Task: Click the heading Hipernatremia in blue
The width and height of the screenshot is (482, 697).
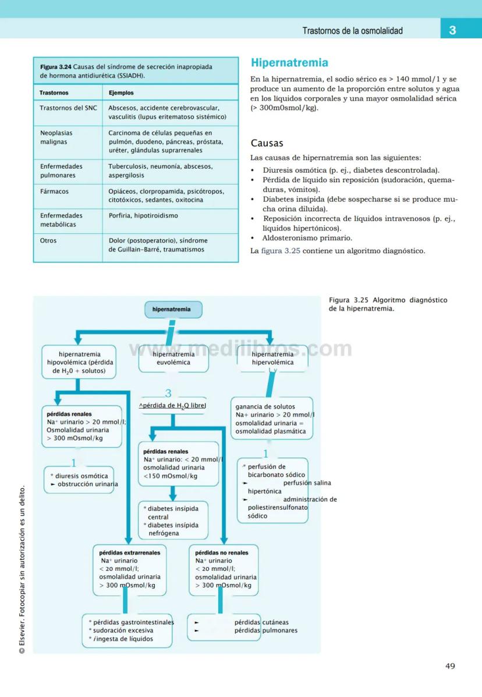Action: coord(289,63)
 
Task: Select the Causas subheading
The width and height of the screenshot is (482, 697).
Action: coord(267,143)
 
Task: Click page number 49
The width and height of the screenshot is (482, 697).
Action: coord(450,666)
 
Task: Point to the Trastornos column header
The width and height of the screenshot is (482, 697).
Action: coord(54,93)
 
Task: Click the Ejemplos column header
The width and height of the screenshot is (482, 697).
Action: coord(121,93)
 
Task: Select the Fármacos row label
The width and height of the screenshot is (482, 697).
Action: coord(54,191)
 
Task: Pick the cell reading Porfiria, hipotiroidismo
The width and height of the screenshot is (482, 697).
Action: coord(143,216)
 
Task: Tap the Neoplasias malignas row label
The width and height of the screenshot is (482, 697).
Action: coord(54,137)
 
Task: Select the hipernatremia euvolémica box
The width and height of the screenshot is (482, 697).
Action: coord(173,358)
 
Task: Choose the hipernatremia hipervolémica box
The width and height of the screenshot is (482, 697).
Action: coord(272,358)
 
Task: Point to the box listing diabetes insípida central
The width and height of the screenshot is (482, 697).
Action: coord(172,521)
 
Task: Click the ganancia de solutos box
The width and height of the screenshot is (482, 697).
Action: coord(272,419)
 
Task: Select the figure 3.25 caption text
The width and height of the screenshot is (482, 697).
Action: coord(388,304)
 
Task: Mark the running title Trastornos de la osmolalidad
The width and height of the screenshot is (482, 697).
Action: coord(352,31)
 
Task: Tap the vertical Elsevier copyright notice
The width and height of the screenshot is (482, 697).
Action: coord(22,570)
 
